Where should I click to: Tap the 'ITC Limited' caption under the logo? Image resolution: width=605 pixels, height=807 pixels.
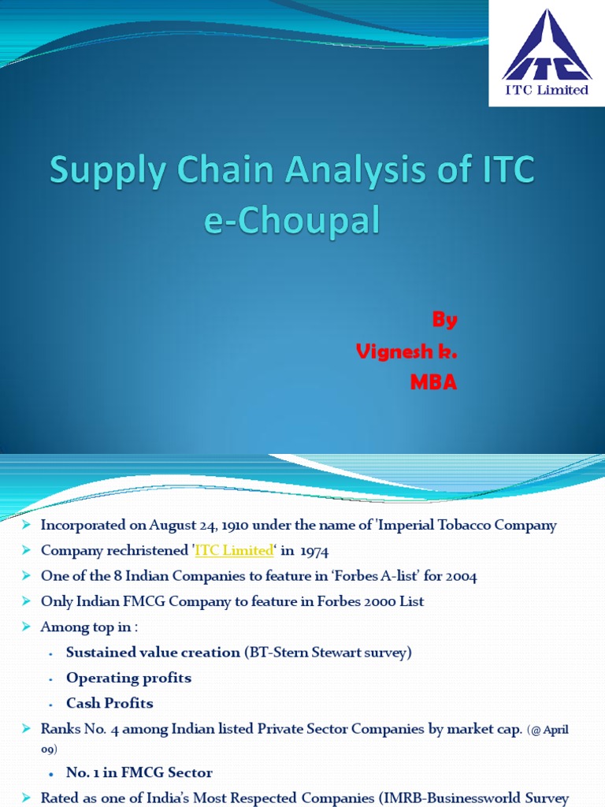coord(547,90)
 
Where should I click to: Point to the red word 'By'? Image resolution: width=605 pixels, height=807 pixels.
coord(444,320)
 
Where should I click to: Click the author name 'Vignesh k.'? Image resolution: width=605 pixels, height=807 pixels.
coord(406,351)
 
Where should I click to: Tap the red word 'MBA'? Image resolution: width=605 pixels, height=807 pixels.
coord(432,383)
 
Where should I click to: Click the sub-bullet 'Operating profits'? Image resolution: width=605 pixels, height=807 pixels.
coord(128,678)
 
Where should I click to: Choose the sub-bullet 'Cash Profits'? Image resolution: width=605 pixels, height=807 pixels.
coord(109,703)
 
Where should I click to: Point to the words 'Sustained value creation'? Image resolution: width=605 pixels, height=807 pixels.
coord(153,652)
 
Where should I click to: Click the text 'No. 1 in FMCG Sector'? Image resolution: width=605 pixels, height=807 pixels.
coord(139,772)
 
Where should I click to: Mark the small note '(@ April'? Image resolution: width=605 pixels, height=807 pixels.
coord(546,730)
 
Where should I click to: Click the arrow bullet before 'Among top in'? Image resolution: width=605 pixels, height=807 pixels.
coord(27,627)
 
